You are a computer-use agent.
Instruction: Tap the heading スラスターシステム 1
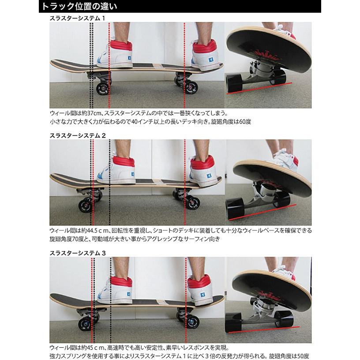click(79, 19)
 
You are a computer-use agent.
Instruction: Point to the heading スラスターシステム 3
click(79, 252)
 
